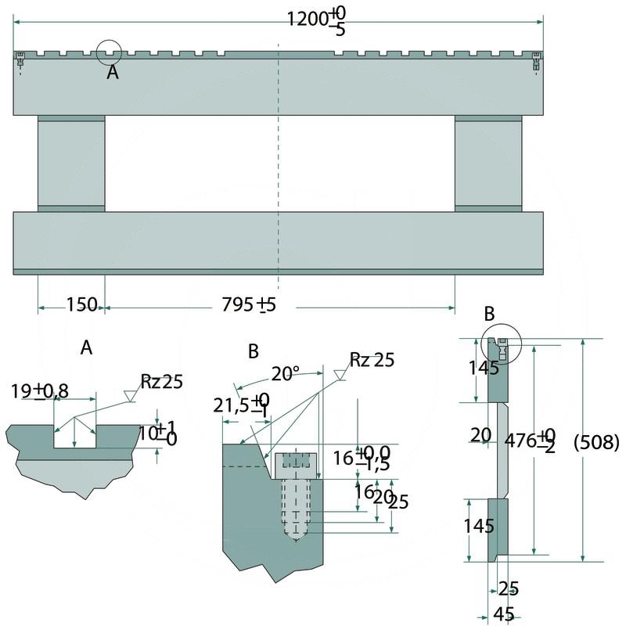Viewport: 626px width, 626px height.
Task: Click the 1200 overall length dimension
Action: (x=317, y=21)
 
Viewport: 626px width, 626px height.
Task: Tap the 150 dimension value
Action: (x=81, y=305)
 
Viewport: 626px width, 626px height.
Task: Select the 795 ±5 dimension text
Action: (x=249, y=305)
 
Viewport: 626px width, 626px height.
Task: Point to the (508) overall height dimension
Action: (x=596, y=442)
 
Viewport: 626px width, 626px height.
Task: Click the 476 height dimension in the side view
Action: (x=530, y=441)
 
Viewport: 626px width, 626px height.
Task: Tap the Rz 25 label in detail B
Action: (x=372, y=360)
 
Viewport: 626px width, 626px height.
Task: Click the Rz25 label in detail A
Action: (x=161, y=382)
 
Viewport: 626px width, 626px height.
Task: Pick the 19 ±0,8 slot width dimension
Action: (x=39, y=390)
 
